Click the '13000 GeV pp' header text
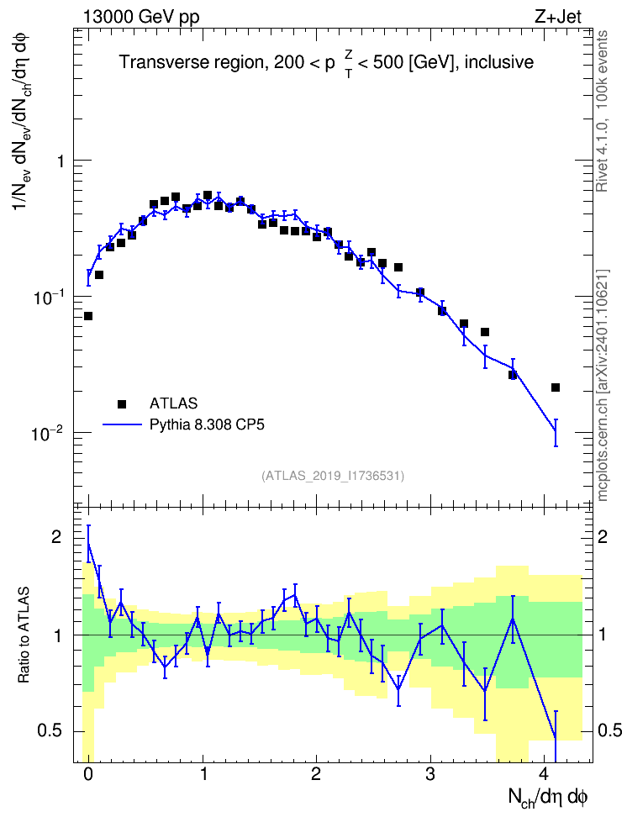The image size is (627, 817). pyautogui.click(x=141, y=17)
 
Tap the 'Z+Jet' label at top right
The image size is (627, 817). pyautogui.click(x=558, y=17)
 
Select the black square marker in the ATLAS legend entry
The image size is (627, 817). pyautogui.click(x=122, y=403)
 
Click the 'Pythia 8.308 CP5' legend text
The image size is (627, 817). pyautogui.click(x=207, y=424)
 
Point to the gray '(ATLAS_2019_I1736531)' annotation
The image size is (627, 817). pyautogui.click(x=333, y=475)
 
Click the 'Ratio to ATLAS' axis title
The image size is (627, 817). pyautogui.click(x=24, y=635)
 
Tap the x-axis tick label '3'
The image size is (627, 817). pyautogui.click(x=429, y=773)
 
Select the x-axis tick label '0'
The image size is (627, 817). pyautogui.click(x=88, y=773)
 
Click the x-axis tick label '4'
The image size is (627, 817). pyautogui.click(x=544, y=773)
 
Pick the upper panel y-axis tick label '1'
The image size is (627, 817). pyautogui.click(x=61, y=161)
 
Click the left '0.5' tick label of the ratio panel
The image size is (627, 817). pyautogui.click(x=50, y=731)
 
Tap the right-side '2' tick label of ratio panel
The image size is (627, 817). pyautogui.click(x=603, y=536)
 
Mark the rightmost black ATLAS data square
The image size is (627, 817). pyautogui.click(x=556, y=387)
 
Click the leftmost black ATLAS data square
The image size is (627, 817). pyautogui.click(x=88, y=316)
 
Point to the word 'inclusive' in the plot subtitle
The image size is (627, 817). pyautogui.click(x=498, y=62)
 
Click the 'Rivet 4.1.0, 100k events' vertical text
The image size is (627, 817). pyautogui.click(x=602, y=111)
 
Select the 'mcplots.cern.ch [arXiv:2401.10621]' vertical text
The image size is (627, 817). pyautogui.click(x=602, y=385)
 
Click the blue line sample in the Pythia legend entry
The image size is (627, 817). pyautogui.click(x=122, y=424)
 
